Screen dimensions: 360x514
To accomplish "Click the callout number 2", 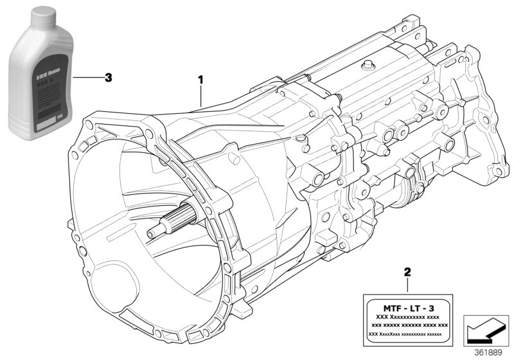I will coord(407,273).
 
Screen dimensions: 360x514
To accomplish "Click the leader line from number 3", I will coord(87,77).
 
